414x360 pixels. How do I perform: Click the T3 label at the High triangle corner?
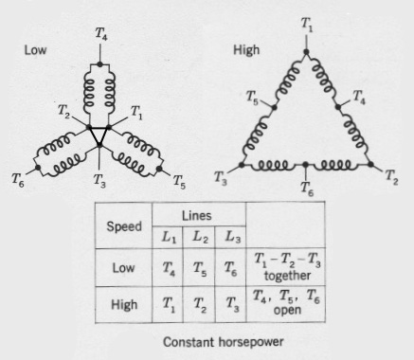click(221, 176)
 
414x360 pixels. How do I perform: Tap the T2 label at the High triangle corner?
click(391, 177)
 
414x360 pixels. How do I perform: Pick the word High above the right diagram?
click(246, 46)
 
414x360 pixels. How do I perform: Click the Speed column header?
click(123, 227)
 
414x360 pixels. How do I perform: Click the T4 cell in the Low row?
click(170, 268)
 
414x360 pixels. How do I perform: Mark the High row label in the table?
click(124, 305)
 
